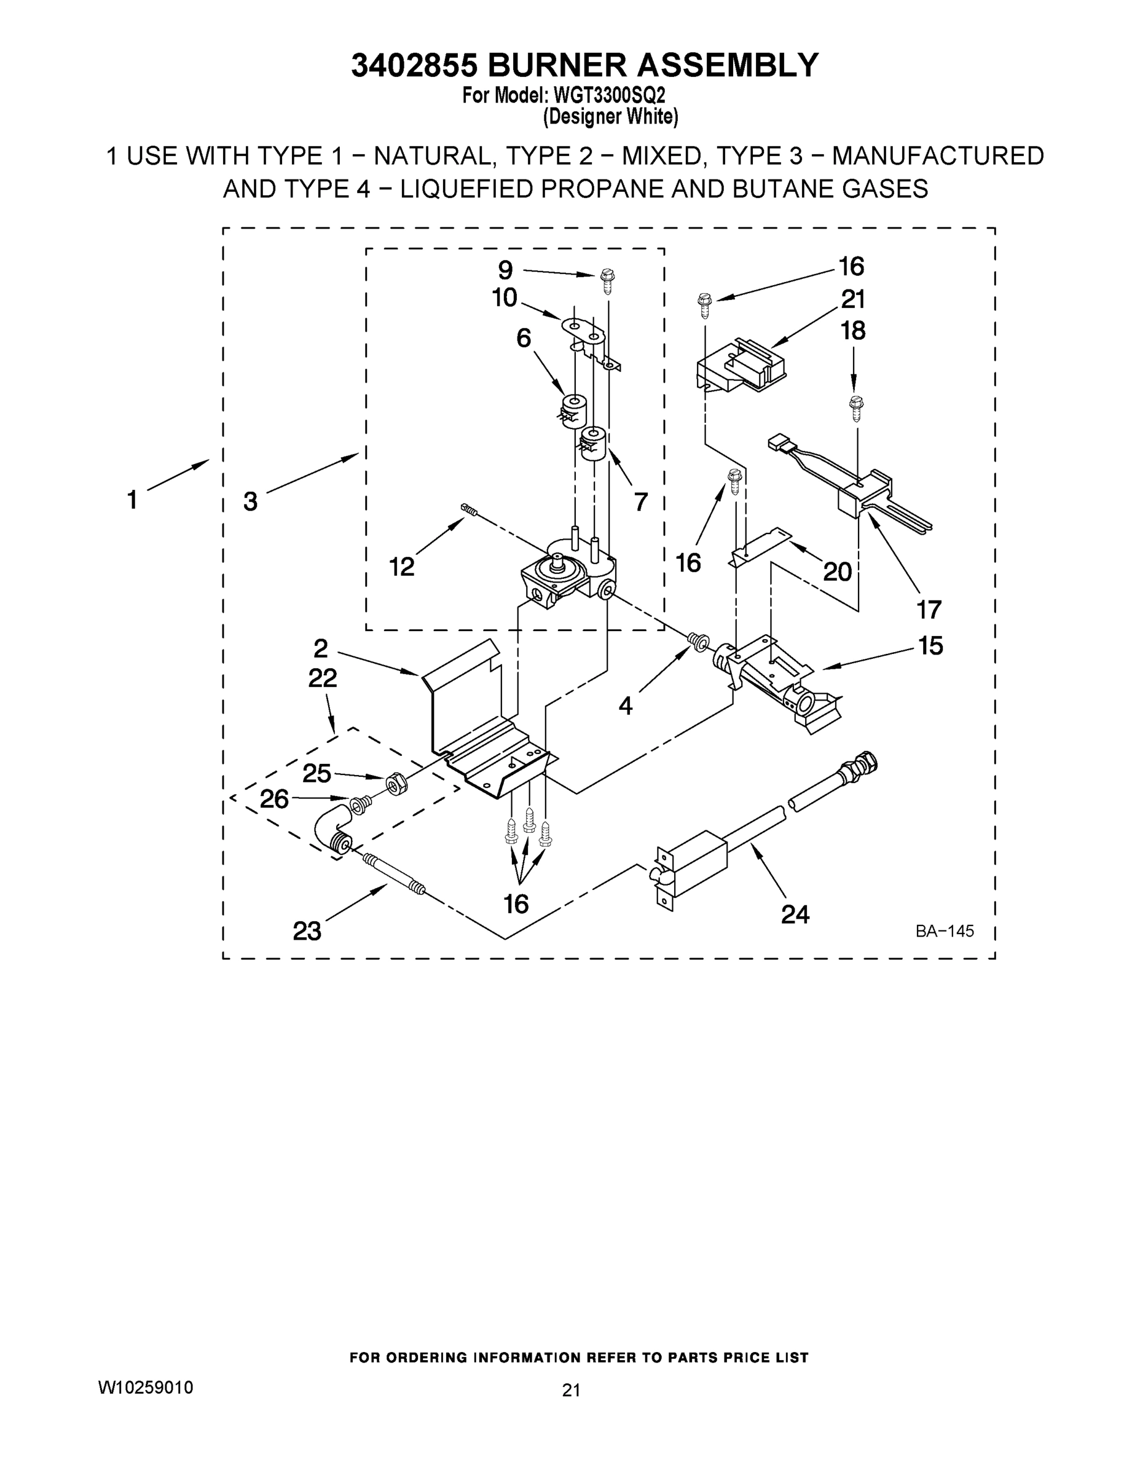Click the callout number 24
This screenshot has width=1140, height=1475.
[x=795, y=914]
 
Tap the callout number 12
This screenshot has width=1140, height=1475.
[x=401, y=566]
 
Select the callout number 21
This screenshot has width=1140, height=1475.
[x=853, y=299]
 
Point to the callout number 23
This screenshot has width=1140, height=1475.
[x=307, y=931]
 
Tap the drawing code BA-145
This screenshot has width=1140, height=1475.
[x=944, y=931]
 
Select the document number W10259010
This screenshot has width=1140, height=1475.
[x=146, y=1386]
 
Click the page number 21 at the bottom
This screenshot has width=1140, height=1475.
[x=571, y=1390]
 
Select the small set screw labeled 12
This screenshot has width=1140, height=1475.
[x=469, y=510]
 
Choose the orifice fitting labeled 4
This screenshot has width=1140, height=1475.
[x=697, y=640]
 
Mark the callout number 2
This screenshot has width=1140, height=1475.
[x=321, y=648]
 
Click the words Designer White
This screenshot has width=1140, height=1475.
[x=610, y=116]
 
